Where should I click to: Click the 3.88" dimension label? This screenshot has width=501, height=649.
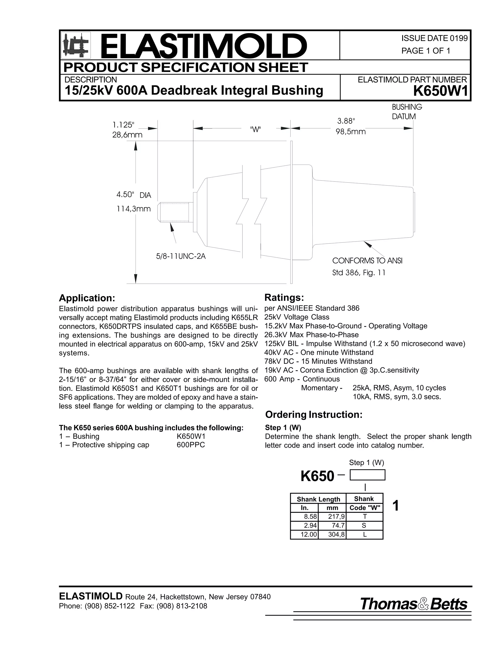click(x=346, y=121)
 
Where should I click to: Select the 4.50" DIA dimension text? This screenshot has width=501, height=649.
click(x=134, y=195)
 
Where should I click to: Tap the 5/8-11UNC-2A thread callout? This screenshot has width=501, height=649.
click(x=181, y=256)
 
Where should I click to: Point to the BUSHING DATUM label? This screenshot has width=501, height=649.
click(x=407, y=112)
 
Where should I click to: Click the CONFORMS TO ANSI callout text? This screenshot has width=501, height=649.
click(x=367, y=261)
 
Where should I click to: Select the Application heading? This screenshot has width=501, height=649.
click(x=87, y=298)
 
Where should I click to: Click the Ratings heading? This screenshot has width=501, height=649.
click(x=284, y=298)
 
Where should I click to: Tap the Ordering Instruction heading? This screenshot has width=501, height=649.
click(x=314, y=415)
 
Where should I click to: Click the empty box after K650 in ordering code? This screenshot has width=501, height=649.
click(x=367, y=475)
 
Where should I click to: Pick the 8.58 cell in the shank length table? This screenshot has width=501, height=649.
click(x=309, y=517)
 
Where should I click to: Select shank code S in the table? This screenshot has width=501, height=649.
click(x=364, y=525)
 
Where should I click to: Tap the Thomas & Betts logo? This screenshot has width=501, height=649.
click(x=413, y=604)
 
